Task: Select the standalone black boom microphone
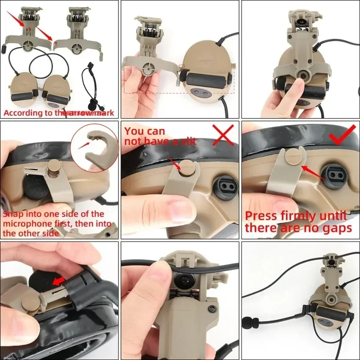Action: (91, 84)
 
